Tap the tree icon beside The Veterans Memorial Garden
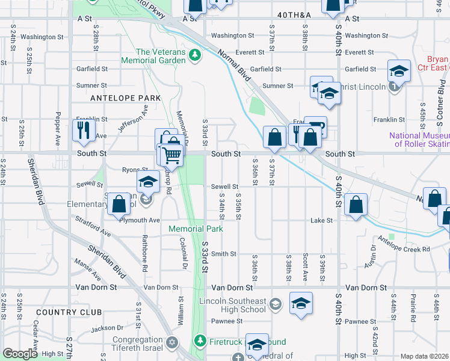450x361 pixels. coord(194,56)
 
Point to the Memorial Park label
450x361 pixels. coord(196,229)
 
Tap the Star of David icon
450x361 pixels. coord(172,342)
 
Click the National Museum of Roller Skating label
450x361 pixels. coord(419,140)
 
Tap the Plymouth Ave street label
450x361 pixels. coord(140,220)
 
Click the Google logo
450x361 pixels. coord(20,354)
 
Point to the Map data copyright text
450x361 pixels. coord(424,356)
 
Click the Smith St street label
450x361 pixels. coord(224,254)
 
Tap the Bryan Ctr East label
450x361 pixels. coord(438,63)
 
